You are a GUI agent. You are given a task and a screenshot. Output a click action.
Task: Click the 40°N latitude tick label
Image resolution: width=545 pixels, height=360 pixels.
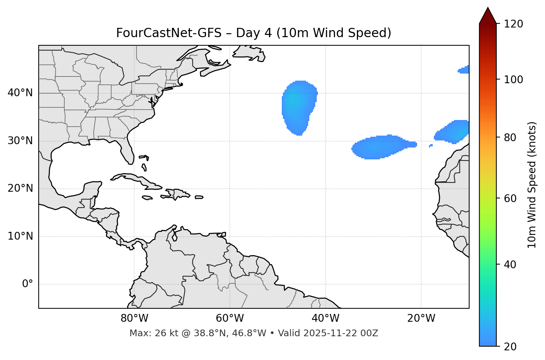(20, 93)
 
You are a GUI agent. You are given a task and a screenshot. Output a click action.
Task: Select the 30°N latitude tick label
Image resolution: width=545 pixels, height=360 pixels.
(20, 141)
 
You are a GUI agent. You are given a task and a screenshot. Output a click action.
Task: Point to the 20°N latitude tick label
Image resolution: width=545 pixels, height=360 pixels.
(20, 189)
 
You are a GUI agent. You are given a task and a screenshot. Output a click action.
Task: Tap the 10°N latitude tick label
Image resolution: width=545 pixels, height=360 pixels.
(20, 236)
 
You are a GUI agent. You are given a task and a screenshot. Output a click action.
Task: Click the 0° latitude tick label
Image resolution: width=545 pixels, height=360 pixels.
(28, 284)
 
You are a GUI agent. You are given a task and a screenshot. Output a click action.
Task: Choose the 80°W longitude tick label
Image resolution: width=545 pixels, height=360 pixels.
(134, 318)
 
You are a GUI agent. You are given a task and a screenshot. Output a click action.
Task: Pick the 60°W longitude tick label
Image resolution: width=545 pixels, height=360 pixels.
(230, 318)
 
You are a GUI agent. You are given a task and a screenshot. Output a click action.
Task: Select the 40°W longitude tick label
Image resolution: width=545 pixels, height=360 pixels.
(325, 318)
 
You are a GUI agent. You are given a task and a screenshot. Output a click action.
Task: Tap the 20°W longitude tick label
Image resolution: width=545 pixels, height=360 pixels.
(421, 318)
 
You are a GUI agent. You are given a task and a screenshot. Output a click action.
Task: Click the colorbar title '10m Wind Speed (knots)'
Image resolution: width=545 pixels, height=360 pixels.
(532, 185)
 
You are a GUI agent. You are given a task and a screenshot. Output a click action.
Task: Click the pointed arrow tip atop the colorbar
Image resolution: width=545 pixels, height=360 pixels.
(488, 9)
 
